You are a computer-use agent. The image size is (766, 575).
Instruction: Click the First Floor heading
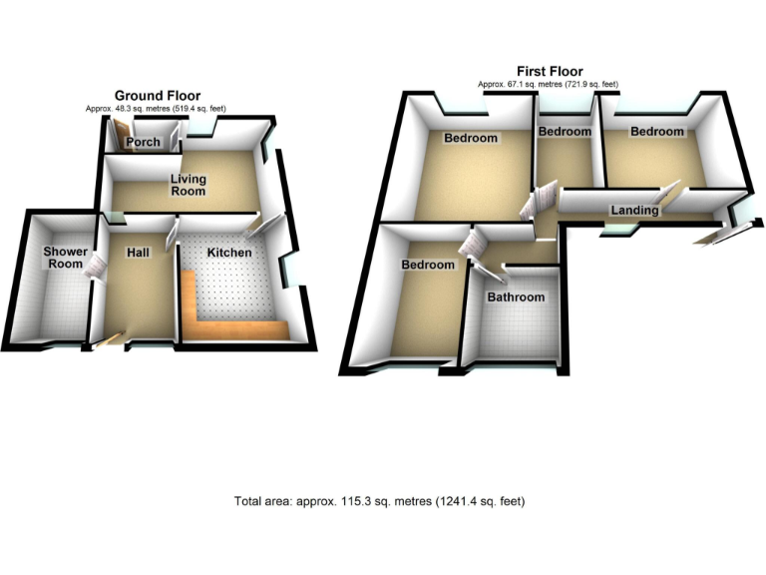[x=550, y=71]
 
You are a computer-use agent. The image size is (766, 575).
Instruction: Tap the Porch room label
[x=144, y=143]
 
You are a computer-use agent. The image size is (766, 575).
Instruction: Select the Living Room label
[x=187, y=185]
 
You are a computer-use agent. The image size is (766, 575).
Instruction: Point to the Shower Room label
[x=65, y=258]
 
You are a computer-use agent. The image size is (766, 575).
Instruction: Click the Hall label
[x=138, y=254]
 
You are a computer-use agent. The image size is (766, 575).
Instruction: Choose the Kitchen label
[x=228, y=254]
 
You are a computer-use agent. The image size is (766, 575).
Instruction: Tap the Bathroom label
[x=516, y=297]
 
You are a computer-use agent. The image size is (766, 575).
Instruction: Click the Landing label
[x=634, y=211]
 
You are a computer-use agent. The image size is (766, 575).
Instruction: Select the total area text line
[x=380, y=501]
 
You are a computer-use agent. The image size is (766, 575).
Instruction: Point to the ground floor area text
[x=154, y=108]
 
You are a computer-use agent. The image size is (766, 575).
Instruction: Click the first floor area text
[x=549, y=85]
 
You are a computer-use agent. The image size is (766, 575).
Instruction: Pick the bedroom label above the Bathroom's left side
[x=428, y=265]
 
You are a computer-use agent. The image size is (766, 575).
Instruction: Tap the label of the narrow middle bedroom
[x=565, y=132]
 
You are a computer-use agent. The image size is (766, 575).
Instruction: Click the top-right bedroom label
[x=656, y=132]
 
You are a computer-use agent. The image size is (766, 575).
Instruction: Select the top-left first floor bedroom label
[x=471, y=138]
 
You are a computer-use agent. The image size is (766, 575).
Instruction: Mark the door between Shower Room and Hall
[x=98, y=267]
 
